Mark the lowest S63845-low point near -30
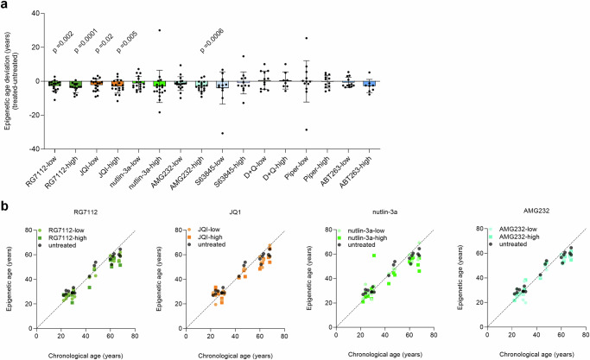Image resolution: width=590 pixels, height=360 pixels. click(223, 133)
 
